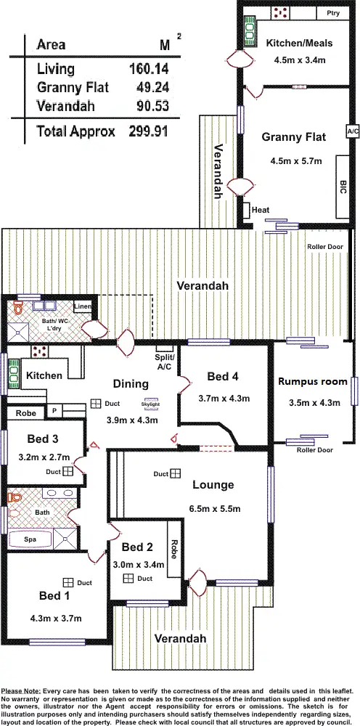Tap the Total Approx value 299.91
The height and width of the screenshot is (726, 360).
pyautogui.click(x=155, y=131)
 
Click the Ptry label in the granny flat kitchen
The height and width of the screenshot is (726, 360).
pyautogui.click(x=333, y=12)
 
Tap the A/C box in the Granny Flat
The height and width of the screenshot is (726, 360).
pyautogui.click(x=353, y=131)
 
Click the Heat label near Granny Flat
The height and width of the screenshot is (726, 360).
pyautogui.click(x=261, y=211)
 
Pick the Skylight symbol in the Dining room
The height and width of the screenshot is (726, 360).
pyautogui.click(x=150, y=403)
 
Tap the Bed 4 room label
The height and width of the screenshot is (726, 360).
pyautogui.click(x=222, y=376)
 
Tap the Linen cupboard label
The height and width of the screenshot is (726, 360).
pyautogui.click(x=83, y=307)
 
